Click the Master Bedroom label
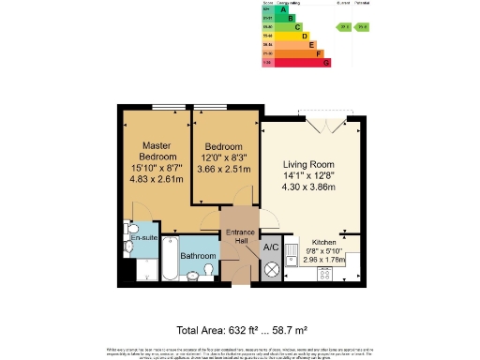155,151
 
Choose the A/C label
271,247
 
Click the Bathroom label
198,256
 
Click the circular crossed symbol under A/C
271,269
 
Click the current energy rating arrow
345,27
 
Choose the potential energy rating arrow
365,27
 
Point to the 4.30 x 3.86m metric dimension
310,187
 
